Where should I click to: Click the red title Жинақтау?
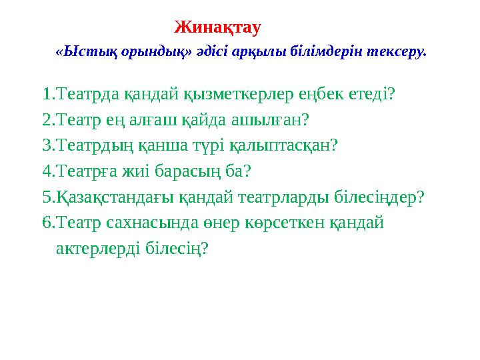click(x=217, y=28)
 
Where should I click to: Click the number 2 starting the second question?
click(x=46, y=120)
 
